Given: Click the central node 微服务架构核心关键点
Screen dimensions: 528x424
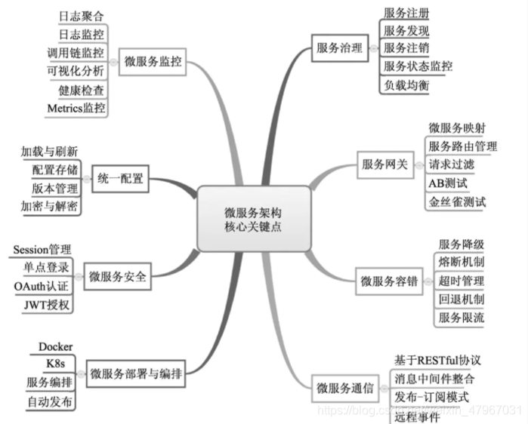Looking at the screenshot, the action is (255, 219).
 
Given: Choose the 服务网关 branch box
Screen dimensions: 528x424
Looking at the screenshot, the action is (384, 164).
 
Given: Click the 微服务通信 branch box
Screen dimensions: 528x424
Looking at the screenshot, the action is (345, 389).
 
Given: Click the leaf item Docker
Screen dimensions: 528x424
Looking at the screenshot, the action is (55, 346).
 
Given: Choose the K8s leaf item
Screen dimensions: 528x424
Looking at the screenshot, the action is (55, 364).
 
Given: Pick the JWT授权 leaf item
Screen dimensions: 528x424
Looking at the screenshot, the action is (46, 305).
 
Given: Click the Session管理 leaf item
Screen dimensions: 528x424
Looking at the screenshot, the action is (42, 250).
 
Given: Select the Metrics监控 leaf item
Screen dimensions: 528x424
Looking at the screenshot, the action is (76, 108).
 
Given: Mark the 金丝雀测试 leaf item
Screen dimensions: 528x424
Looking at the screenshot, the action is (457, 201).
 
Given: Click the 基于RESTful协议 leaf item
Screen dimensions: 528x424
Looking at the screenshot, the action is (437, 359).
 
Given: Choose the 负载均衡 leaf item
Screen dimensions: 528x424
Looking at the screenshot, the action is (406, 85).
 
